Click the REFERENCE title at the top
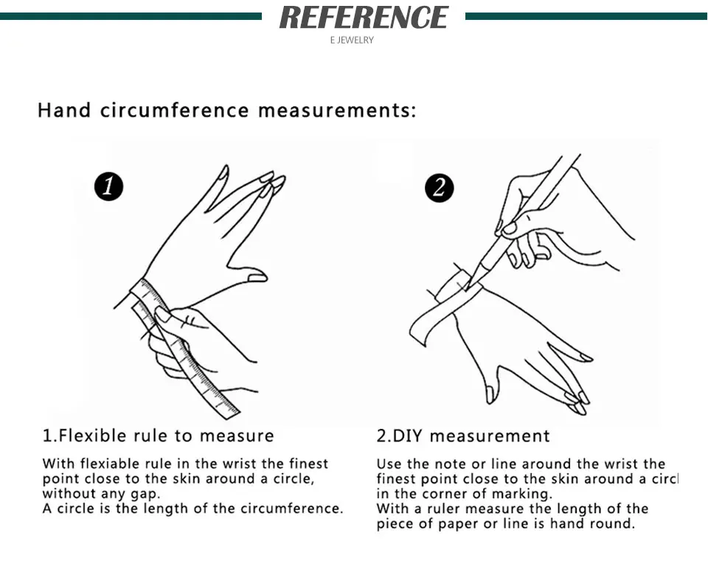364,17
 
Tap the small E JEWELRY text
352,41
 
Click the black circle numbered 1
109,186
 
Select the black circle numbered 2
440,188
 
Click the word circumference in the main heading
174,110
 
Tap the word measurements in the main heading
337,111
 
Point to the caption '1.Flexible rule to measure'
158,436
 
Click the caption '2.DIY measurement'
463,436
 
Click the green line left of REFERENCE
131,17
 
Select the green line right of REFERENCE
586,17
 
